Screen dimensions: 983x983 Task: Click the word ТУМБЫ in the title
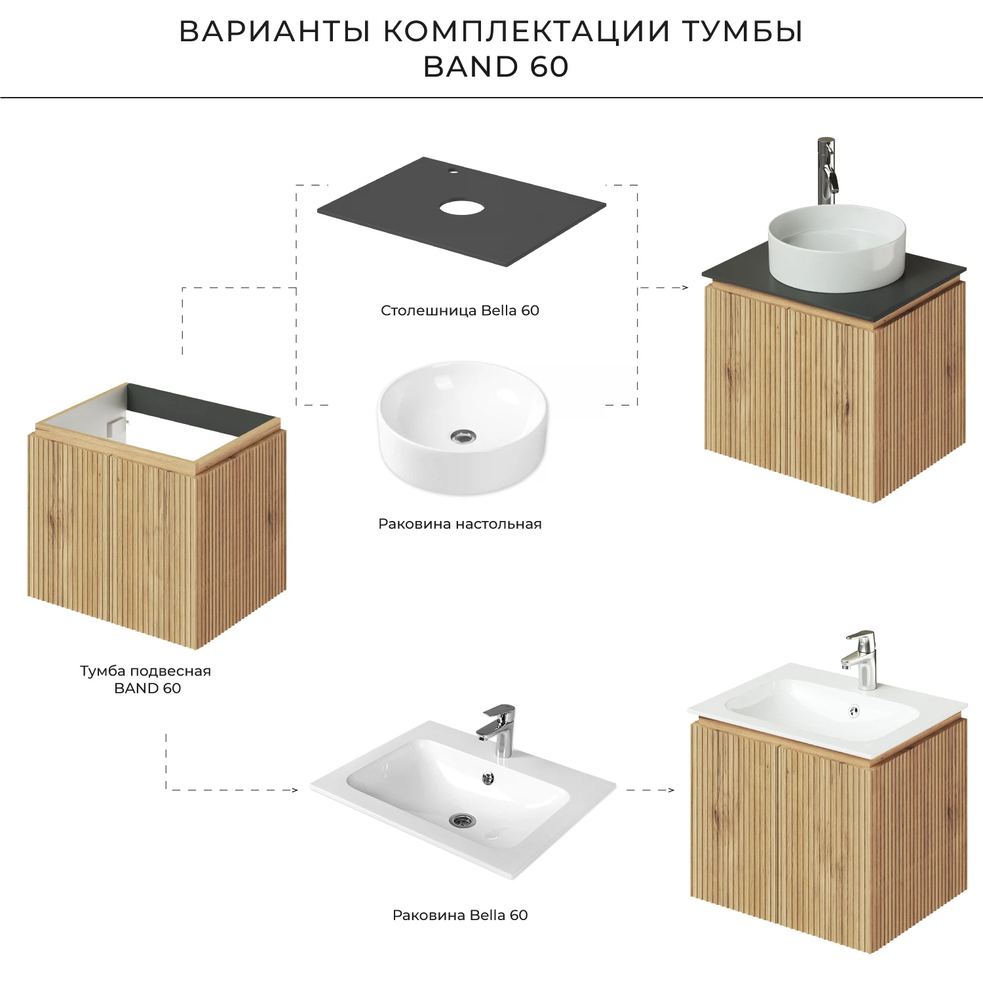742,31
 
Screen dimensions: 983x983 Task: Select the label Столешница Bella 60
459,311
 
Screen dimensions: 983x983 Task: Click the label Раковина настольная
459,524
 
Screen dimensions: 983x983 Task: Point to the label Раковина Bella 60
459,915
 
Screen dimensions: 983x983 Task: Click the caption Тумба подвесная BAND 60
146,680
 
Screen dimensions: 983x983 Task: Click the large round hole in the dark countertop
462,208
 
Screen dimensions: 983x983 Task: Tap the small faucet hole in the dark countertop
451,172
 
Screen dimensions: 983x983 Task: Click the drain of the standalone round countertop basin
463,436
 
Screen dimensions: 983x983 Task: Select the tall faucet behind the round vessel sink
827,170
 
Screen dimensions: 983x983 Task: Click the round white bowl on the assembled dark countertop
837,249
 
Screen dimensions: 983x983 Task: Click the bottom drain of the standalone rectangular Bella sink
463,820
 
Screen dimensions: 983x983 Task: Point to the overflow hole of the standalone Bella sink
488,778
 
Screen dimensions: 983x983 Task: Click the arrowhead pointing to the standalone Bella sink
294,790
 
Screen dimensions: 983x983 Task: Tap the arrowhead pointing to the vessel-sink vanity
685,288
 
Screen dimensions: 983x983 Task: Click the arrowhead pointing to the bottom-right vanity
670,790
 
